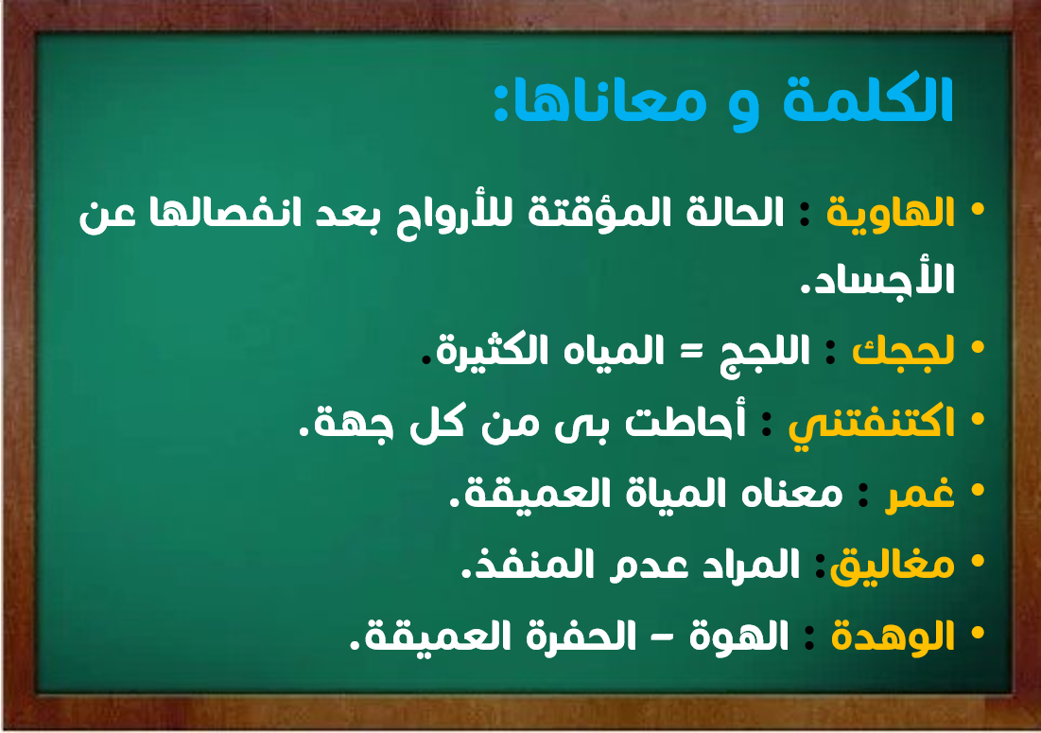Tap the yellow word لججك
903,351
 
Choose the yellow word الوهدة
893,637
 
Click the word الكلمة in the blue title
868,99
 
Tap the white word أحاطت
685,422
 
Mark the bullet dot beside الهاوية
978,210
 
